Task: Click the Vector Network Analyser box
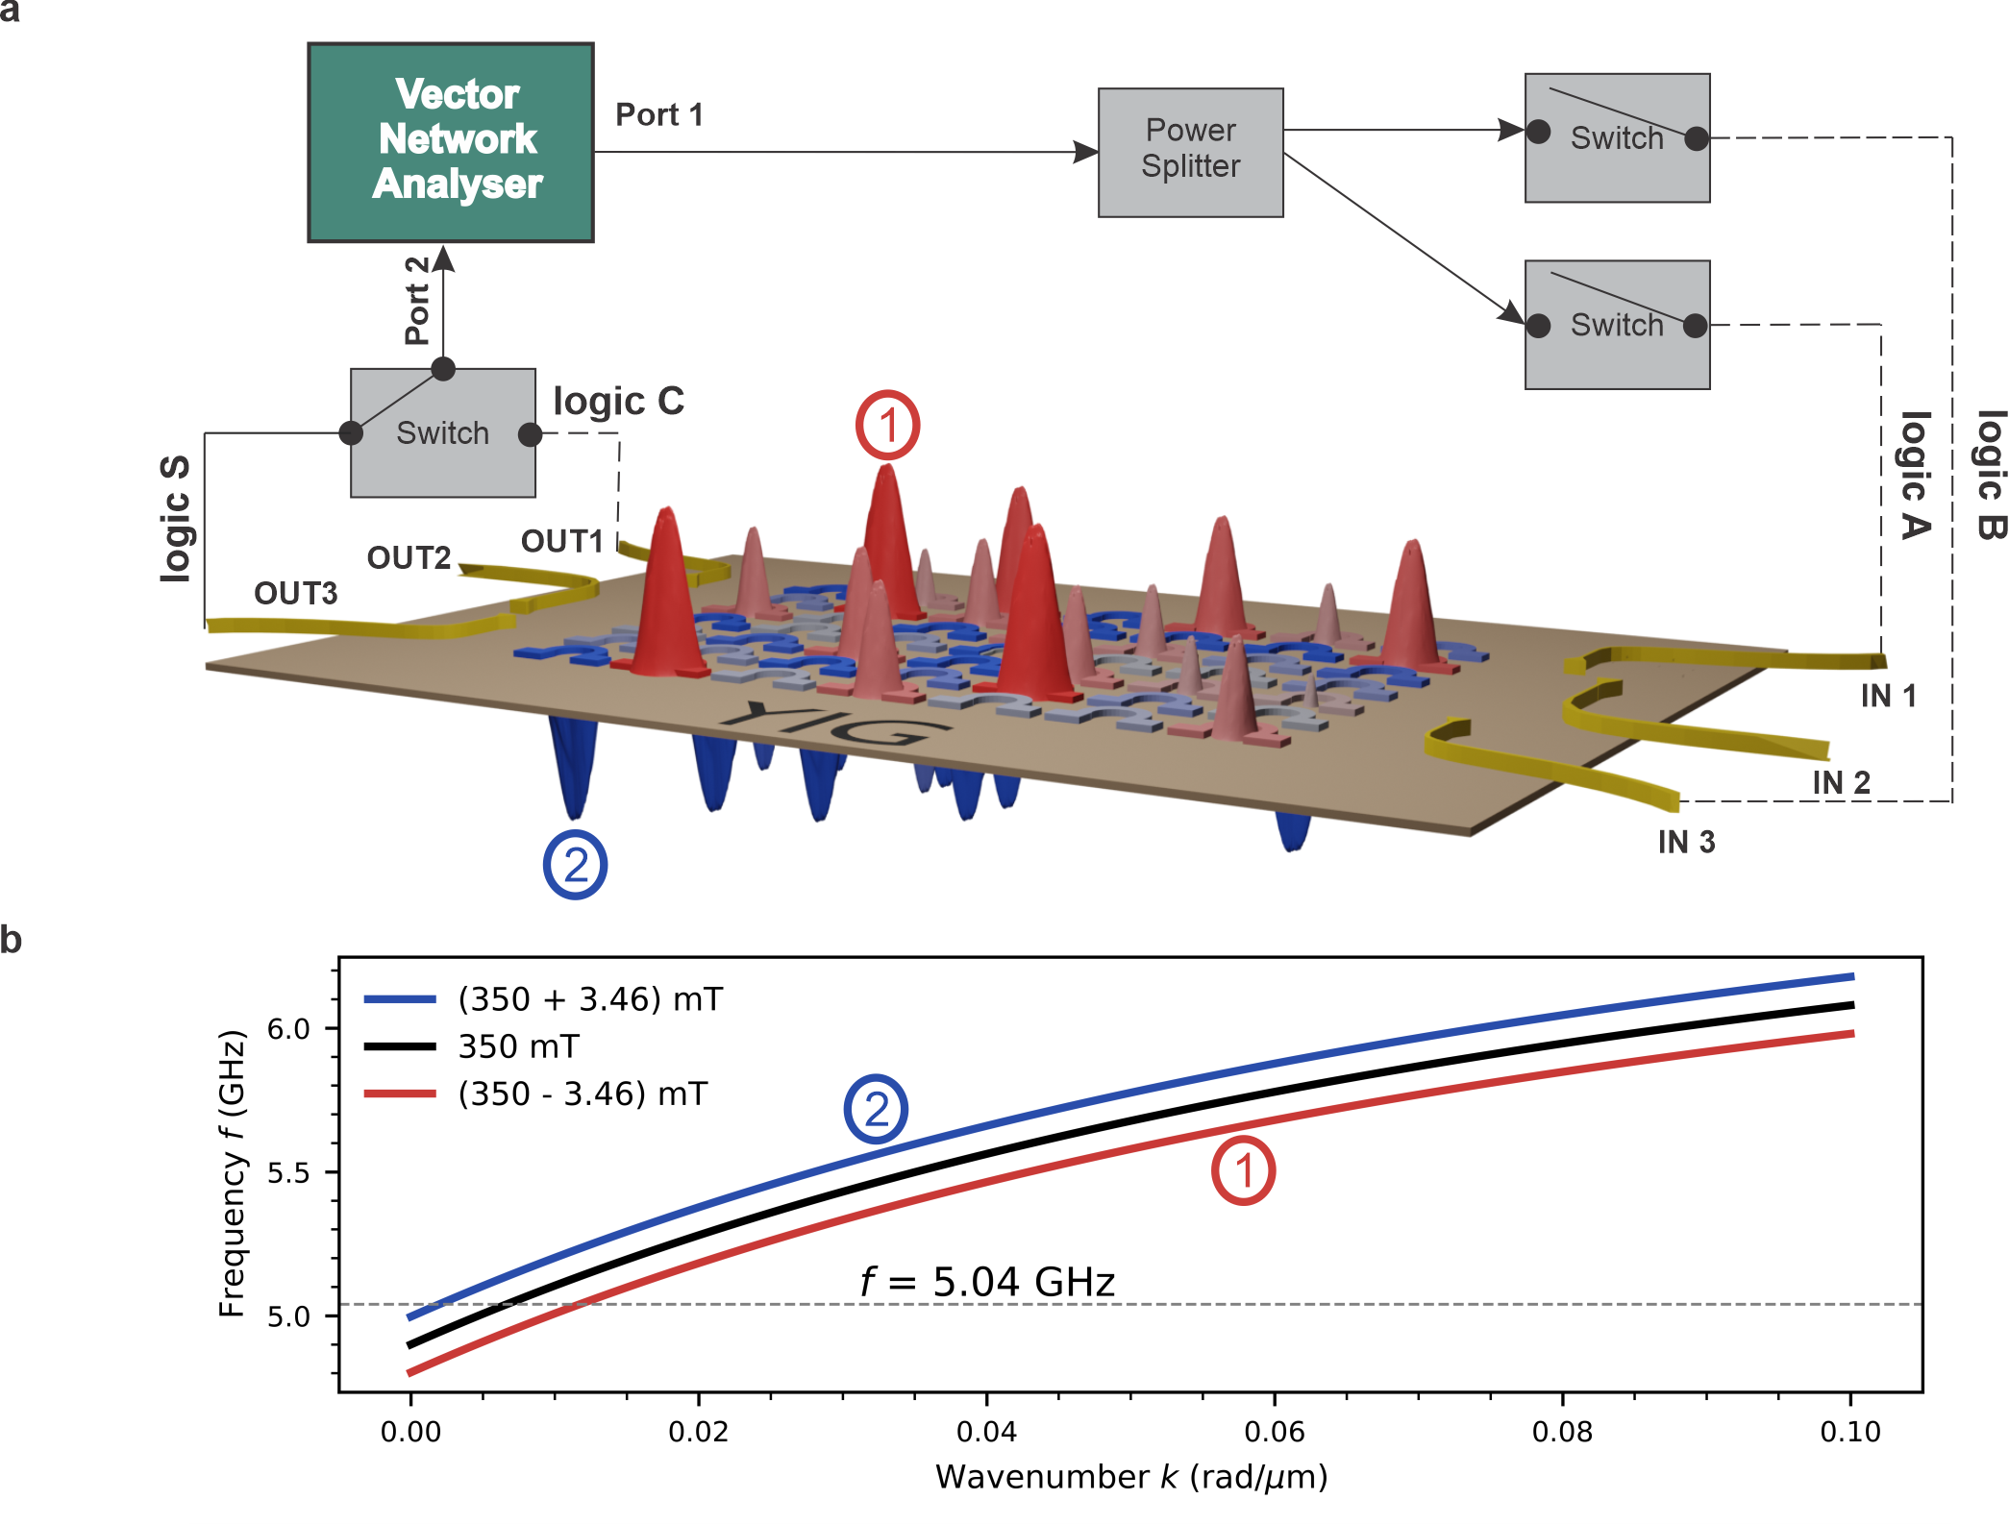click(x=450, y=142)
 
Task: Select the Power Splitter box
click(x=1190, y=152)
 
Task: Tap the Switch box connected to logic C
click(x=442, y=432)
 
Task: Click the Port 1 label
click(x=659, y=114)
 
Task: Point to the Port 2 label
click(x=417, y=300)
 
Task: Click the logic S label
click(x=176, y=519)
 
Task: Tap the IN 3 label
click(x=1686, y=842)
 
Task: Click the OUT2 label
click(x=409, y=557)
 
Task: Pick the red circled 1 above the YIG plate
click(x=887, y=425)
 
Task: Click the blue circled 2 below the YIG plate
click(x=575, y=865)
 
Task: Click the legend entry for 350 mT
click(x=518, y=1046)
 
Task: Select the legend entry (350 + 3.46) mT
click(x=589, y=999)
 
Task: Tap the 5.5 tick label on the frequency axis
click(x=288, y=1172)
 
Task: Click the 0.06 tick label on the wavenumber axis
click(x=1274, y=1432)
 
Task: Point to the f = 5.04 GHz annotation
click(x=987, y=1282)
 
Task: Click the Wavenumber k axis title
click(x=1130, y=1477)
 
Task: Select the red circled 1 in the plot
click(x=1243, y=1171)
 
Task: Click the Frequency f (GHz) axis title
click(x=232, y=1172)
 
